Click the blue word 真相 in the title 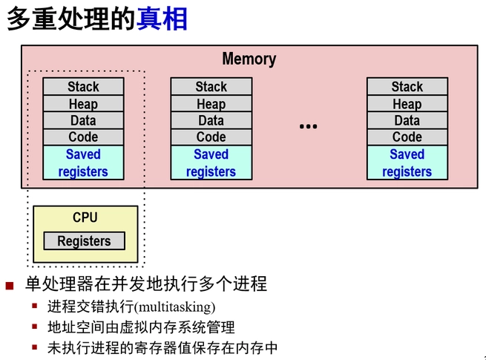click(162, 19)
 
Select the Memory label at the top click(249, 59)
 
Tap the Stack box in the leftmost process click(83, 87)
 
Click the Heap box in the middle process click(211, 104)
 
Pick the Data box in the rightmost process click(407, 120)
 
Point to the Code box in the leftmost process click(83, 137)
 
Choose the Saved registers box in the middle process click(211, 163)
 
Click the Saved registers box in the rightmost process click(407, 163)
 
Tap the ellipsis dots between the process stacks click(308, 127)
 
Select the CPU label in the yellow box click(85, 217)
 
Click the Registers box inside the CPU click(84, 241)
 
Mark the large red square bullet click(10, 285)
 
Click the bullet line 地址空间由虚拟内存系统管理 click(141, 327)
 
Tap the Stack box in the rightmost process click(407, 87)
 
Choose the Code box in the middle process click(211, 137)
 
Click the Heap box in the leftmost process click(83, 104)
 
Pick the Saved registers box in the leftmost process click(83, 163)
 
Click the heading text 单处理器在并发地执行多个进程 click(146, 284)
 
